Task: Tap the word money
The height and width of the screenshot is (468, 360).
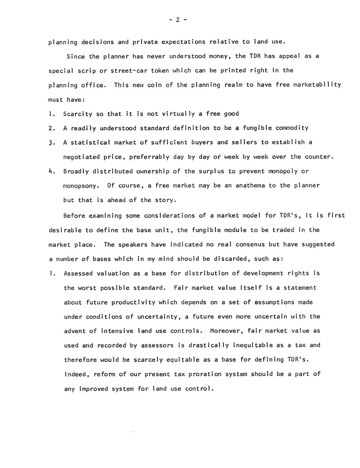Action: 218,56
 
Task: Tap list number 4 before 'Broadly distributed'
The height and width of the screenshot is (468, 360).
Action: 52,171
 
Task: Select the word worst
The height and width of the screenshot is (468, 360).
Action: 87,288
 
